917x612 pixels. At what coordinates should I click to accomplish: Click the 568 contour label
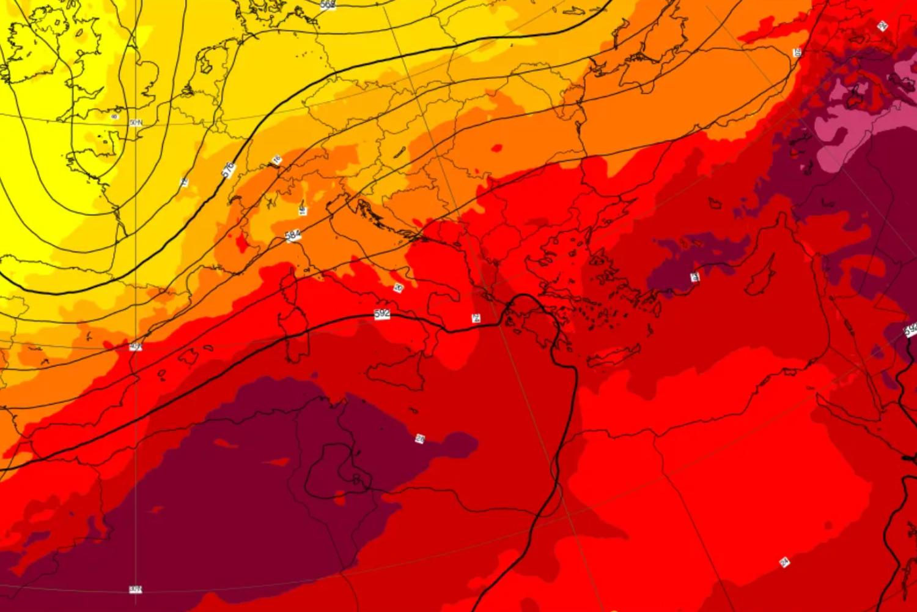tap(328, 4)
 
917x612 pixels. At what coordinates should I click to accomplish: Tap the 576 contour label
tap(228, 170)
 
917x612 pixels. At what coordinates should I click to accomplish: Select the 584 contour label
tap(293, 236)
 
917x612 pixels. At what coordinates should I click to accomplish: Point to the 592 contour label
tap(382, 314)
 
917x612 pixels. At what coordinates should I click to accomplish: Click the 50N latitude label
tap(136, 123)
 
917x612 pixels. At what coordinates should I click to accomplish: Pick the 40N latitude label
tap(136, 347)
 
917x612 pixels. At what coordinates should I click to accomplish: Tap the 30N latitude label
tap(136, 589)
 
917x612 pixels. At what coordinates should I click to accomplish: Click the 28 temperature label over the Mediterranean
tap(420, 438)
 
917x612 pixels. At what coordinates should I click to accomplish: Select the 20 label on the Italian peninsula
tap(399, 288)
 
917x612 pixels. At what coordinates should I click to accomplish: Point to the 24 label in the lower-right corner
tap(784, 562)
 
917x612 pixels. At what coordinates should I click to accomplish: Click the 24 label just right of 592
tap(476, 318)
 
